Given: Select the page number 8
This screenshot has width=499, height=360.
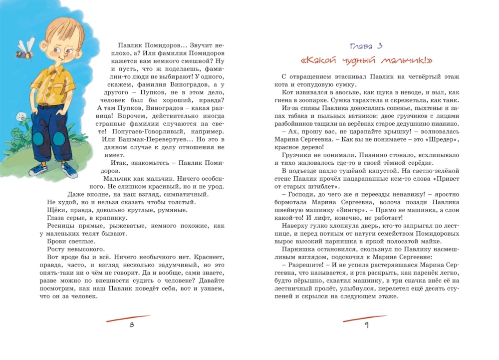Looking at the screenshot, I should click(x=131, y=325).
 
